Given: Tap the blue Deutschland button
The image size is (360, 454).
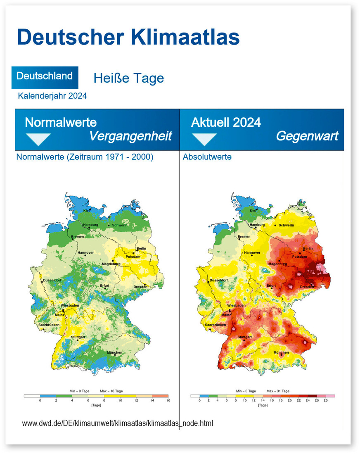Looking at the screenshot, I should point(45,76).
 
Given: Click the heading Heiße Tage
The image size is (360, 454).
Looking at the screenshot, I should point(128,78).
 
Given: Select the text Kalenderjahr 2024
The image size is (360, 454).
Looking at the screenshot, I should point(52,96).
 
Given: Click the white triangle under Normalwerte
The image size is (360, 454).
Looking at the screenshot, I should point(38,139).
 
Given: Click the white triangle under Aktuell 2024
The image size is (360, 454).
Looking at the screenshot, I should point(204,139).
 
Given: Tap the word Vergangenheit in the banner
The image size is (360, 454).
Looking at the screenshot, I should point(130,136).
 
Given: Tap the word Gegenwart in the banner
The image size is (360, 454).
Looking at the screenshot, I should point(307,136).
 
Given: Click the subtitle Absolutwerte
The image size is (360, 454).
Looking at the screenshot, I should point(207,157).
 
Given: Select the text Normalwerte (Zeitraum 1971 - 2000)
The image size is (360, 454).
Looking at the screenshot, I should point(85,157).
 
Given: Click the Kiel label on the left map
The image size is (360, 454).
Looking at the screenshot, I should point(87,211).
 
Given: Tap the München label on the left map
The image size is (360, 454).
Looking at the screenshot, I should point(114,352).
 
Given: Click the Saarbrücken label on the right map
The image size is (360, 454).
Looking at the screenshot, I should point(215,325).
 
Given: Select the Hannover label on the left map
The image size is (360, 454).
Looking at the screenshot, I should point(85,252).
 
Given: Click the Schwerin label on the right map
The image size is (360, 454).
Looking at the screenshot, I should point(286,225).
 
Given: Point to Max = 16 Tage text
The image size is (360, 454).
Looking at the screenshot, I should point(111,390).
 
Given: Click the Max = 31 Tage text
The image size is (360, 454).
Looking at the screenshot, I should point(278,390).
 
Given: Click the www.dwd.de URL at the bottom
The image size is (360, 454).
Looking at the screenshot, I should point(118,423).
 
